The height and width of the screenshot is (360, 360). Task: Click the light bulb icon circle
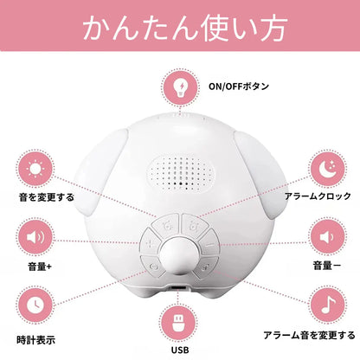(x=181, y=87)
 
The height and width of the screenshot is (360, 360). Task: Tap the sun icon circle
(x=35, y=168)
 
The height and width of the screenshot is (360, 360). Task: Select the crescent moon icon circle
(x=327, y=170)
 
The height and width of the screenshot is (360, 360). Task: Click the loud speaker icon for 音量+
(x=35, y=237)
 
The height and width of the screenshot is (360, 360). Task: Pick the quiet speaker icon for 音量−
(x=327, y=237)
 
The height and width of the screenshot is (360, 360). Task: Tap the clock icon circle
(x=35, y=305)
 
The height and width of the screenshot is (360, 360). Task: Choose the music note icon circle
(x=327, y=305)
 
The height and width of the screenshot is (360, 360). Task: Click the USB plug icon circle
(x=179, y=323)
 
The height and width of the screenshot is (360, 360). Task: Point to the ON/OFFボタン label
(x=239, y=87)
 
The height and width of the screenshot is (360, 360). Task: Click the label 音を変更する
(x=47, y=197)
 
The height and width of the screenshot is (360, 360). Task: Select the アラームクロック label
(x=318, y=196)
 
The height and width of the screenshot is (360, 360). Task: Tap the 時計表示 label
(x=35, y=340)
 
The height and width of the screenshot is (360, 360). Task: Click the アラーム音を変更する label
(x=309, y=336)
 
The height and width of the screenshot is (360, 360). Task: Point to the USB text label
(x=180, y=350)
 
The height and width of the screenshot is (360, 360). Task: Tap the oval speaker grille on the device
(x=182, y=173)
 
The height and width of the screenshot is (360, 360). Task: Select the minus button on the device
(x=210, y=245)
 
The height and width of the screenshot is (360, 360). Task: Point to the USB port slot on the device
(x=177, y=288)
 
